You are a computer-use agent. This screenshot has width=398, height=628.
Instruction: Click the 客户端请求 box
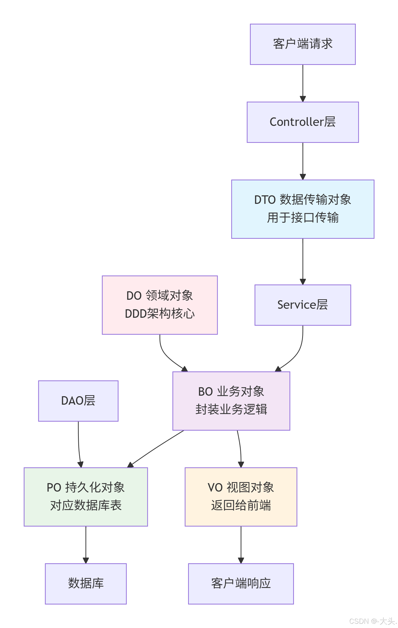pos(302,44)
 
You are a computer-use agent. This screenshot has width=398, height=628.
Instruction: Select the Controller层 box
pos(302,122)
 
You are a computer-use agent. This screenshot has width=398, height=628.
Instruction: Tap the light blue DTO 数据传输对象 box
pos(302,209)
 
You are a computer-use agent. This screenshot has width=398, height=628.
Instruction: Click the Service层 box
pos(302,305)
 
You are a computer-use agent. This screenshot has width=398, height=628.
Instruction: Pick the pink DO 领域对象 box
pos(160,305)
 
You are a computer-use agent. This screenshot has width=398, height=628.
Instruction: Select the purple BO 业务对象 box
pos(231,401)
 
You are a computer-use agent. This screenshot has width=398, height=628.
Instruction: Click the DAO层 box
pos(78,401)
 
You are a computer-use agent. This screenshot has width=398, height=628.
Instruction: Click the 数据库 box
pos(86,583)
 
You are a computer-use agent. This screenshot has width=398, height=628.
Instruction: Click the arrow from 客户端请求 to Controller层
pos(303,82)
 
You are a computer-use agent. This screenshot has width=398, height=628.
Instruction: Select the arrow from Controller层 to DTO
pos(303,160)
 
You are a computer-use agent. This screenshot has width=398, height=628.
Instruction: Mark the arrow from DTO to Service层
pos(303,261)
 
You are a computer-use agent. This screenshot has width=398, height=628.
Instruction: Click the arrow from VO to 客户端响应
pos(241,544)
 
